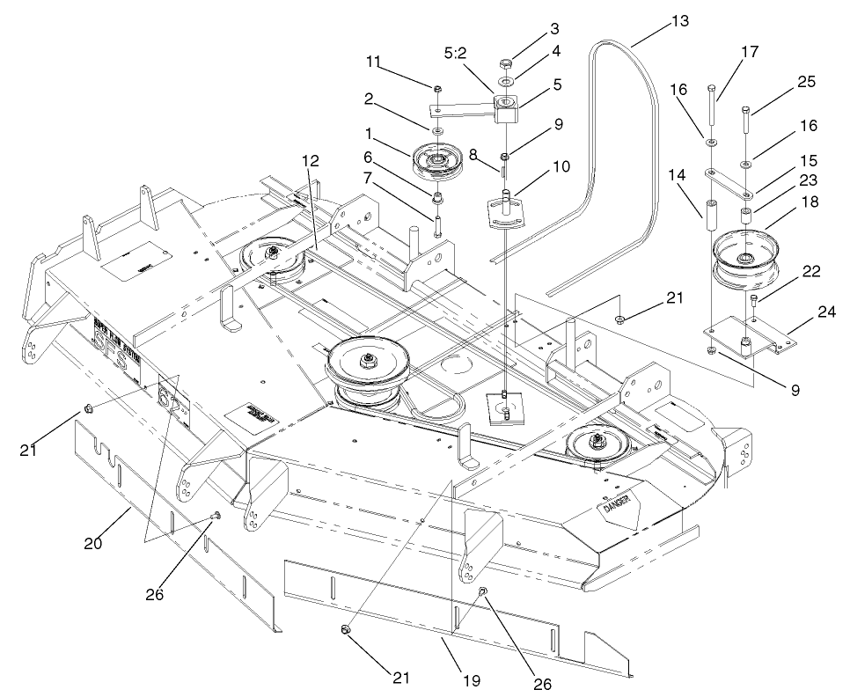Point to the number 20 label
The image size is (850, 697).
(92, 543)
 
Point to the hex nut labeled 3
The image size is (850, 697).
(507, 64)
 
